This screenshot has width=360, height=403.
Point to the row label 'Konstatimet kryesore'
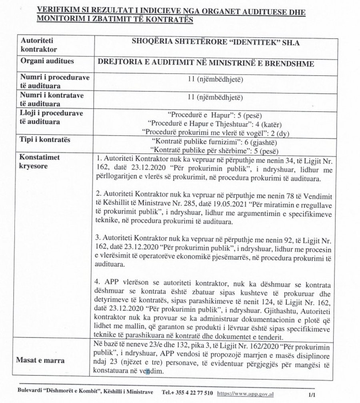pos(40,161)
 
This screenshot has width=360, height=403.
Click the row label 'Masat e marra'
pos(40,360)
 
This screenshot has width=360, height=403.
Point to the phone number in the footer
pos(191,393)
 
